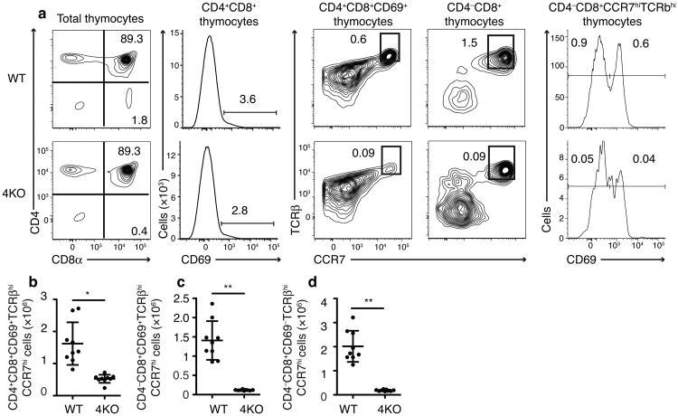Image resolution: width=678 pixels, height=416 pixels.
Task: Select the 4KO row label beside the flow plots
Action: pyautogui.click(x=13, y=193)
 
